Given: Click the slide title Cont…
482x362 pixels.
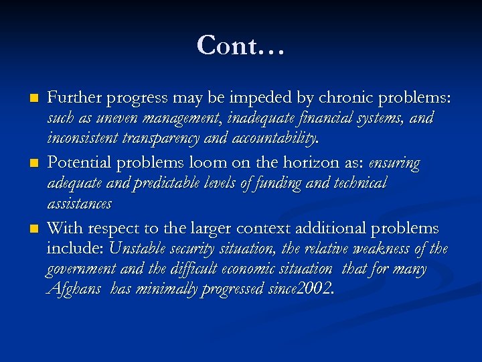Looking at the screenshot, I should [x=241, y=46].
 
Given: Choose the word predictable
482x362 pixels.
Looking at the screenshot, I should [x=174, y=184].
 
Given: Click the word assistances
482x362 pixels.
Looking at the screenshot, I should [x=79, y=203].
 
